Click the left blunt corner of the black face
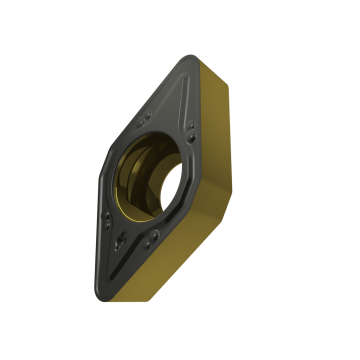(x=102, y=176)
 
